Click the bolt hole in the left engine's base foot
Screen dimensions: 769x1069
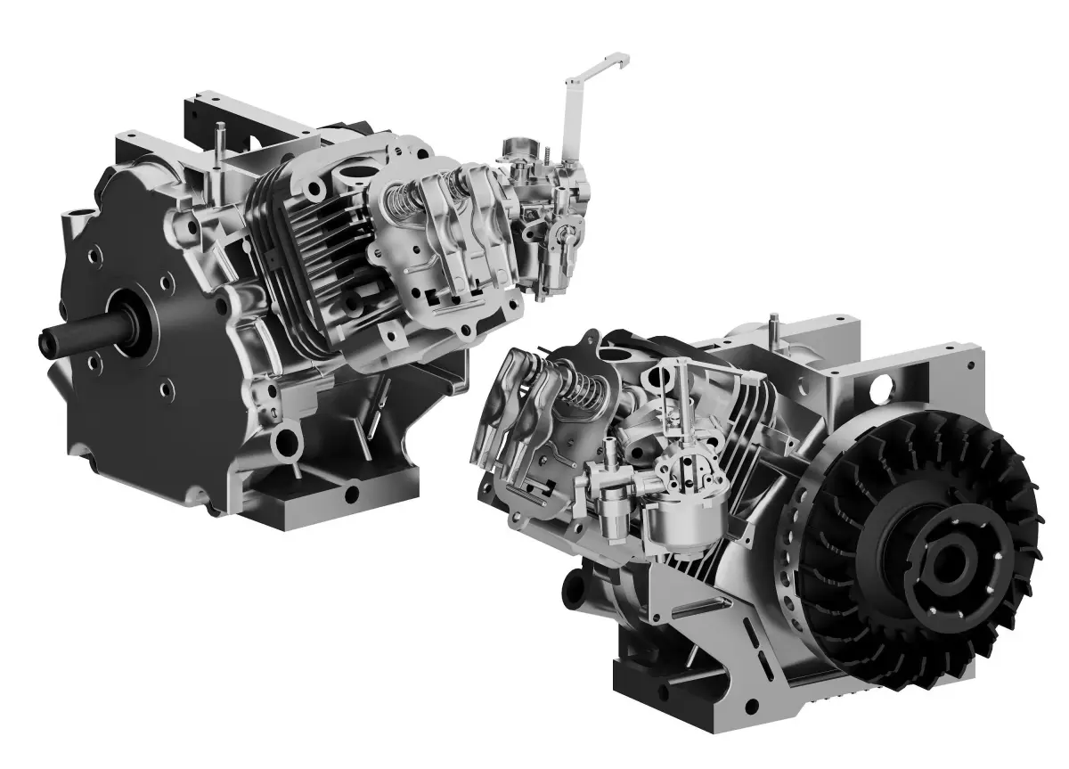(x=353, y=492)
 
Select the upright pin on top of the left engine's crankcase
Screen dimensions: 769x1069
(x=216, y=143)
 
